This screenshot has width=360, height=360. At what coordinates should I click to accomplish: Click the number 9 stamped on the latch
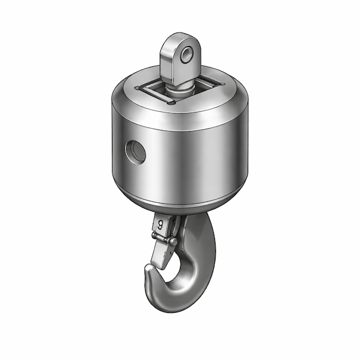[160, 224]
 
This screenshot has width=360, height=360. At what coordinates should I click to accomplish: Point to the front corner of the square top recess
[169, 105]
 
